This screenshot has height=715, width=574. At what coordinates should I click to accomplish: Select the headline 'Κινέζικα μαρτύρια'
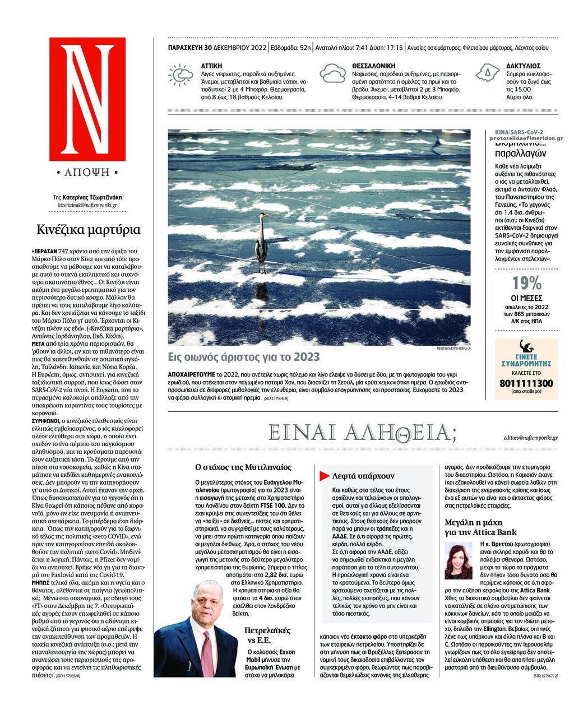point(89,230)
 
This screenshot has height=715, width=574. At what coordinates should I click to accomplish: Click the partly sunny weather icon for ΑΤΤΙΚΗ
point(181,76)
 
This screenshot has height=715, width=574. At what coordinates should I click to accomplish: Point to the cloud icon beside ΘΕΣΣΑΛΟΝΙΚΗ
point(332,74)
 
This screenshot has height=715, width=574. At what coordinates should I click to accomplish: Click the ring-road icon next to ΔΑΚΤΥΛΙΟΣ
point(487,73)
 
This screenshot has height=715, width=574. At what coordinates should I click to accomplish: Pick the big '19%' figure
point(526,284)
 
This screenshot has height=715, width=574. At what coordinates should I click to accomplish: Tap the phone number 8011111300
point(526,383)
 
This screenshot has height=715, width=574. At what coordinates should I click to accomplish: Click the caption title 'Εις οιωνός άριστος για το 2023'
point(244,357)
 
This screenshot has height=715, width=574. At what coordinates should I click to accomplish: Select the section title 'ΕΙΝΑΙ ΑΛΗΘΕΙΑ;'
point(363,432)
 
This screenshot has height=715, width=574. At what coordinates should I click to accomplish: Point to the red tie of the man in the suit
point(207,650)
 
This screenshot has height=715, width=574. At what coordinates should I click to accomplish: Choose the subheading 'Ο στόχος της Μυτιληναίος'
point(243,466)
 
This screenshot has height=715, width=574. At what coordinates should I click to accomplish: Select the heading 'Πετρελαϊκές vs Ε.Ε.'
point(267,635)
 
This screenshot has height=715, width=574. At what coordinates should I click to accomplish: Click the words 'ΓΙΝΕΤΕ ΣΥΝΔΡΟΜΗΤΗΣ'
point(526,360)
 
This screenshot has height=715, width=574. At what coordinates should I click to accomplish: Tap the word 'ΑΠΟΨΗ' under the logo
point(87,173)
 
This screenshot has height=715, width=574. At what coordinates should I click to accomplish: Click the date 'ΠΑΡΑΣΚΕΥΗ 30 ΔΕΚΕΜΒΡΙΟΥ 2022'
point(217,48)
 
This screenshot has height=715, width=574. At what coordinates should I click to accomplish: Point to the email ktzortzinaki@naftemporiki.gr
point(87,205)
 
